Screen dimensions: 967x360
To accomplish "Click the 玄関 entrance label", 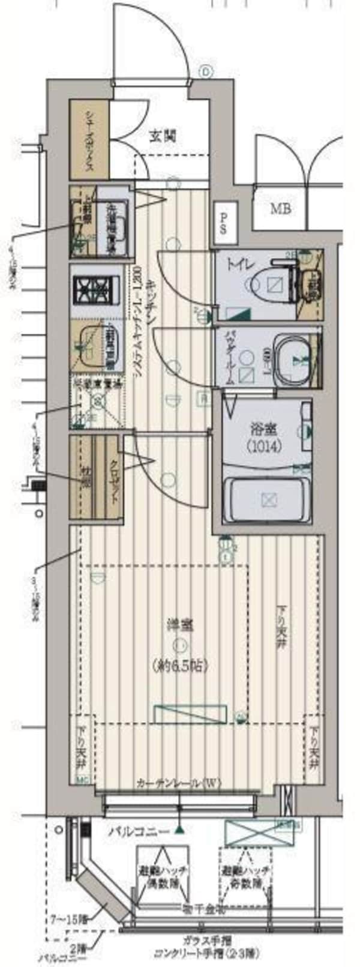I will coord(163,136).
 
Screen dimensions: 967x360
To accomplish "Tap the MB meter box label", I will coord(280,209).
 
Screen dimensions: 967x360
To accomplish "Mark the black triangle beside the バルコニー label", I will coord(178,831).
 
